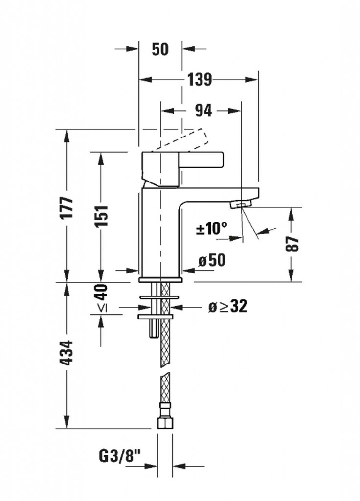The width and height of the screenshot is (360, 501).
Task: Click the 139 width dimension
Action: coord(199,79)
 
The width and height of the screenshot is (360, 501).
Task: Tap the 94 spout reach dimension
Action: coord(203,111)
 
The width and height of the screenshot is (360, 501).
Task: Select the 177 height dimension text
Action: coord(67,207)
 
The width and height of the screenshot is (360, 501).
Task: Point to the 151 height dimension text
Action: coord(102,215)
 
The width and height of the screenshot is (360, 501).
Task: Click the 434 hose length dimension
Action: coord(67,353)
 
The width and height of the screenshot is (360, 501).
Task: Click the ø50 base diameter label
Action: coord(211,260)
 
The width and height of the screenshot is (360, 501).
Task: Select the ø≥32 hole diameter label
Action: coord(228,307)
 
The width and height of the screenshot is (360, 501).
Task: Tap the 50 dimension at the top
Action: coord(160,49)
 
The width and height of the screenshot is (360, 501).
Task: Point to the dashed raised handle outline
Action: coord(179,140)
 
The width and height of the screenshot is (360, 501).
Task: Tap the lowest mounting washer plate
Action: coord(156,317)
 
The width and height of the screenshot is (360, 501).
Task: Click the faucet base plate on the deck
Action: coord(160,280)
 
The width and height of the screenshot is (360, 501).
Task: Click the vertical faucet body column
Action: coord(160,233)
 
